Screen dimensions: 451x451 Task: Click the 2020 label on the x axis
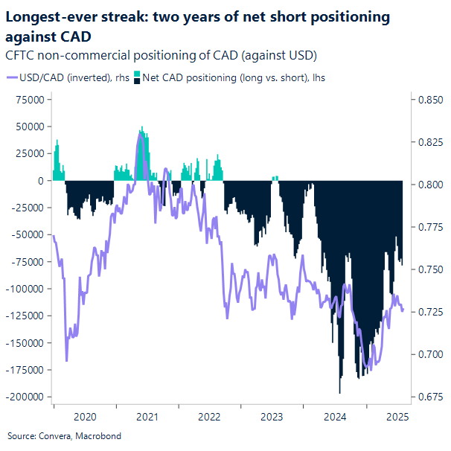85,418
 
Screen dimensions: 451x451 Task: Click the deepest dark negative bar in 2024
339,390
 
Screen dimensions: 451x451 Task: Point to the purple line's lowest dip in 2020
67,360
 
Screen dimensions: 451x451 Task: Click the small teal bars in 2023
275,178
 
